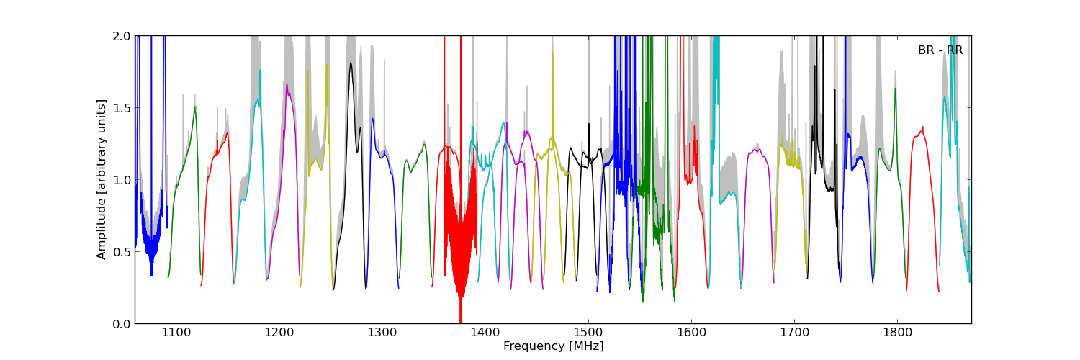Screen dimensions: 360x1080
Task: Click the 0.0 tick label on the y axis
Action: tap(122, 324)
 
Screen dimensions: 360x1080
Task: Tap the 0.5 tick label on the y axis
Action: tap(122, 252)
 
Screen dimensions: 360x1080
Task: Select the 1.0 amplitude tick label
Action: tap(122, 180)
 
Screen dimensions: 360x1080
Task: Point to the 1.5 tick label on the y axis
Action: tap(122, 108)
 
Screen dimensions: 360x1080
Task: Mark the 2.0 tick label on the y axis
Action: tap(122, 36)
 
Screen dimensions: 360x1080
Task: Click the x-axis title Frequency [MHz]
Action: tap(553, 346)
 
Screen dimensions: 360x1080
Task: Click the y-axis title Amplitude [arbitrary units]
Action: tap(102, 179)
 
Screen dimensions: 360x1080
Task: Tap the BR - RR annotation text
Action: tap(940, 50)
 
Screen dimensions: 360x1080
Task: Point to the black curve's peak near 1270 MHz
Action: tap(351, 64)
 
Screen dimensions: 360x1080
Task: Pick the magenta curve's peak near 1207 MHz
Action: tap(287, 85)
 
